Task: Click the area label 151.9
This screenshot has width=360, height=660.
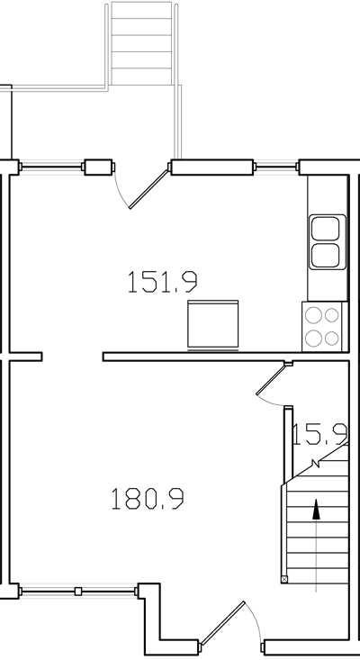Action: pyautogui.click(x=162, y=283)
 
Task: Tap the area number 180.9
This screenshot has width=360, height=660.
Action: pyautogui.click(x=154, y=497)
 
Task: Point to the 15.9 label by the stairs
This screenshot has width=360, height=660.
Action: pyautogui.click(x=319, y=435)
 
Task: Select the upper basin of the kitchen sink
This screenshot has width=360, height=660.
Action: pyautogui.click(x=325, y=228)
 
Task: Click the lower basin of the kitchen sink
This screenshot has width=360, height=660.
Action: pyautogui.click(x=325, y=254)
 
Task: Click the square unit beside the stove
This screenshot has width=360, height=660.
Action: pyautogui.click(x=212, y=324)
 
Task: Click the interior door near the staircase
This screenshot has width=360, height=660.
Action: pyautogui.click(x=272, y=380)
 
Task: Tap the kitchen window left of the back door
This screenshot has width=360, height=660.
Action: pyautogui.click(x=52, y=167)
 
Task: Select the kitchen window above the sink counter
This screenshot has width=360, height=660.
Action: pyautogui.click(x=275, y=166)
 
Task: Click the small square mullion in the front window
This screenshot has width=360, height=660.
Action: pyautogui.click(x=78, y=592)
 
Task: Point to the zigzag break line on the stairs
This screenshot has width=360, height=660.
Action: pyautogui.click(x=314, y=465)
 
